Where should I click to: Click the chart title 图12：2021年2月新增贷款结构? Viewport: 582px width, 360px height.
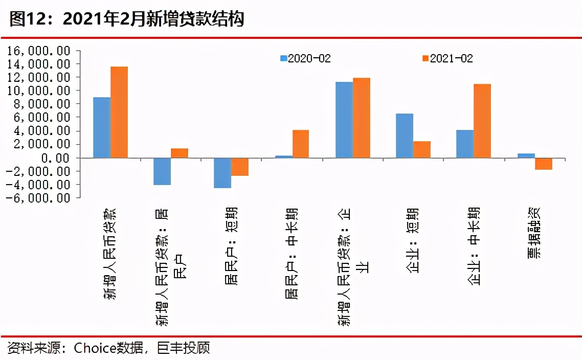[127, 19]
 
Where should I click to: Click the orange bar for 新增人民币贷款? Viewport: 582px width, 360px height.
[119, 112]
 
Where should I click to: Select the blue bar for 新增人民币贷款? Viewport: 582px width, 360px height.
[102, 127]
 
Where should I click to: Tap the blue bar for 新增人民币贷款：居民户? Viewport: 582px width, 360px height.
[162, 171]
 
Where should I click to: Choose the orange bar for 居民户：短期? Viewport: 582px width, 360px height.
[240, 167]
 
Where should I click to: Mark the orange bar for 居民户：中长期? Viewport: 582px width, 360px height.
[301, 144]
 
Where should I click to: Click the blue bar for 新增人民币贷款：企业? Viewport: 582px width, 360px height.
[344, 120]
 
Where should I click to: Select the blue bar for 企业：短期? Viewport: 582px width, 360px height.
[405, 136]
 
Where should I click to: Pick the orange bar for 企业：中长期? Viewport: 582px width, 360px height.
[482, 121]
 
